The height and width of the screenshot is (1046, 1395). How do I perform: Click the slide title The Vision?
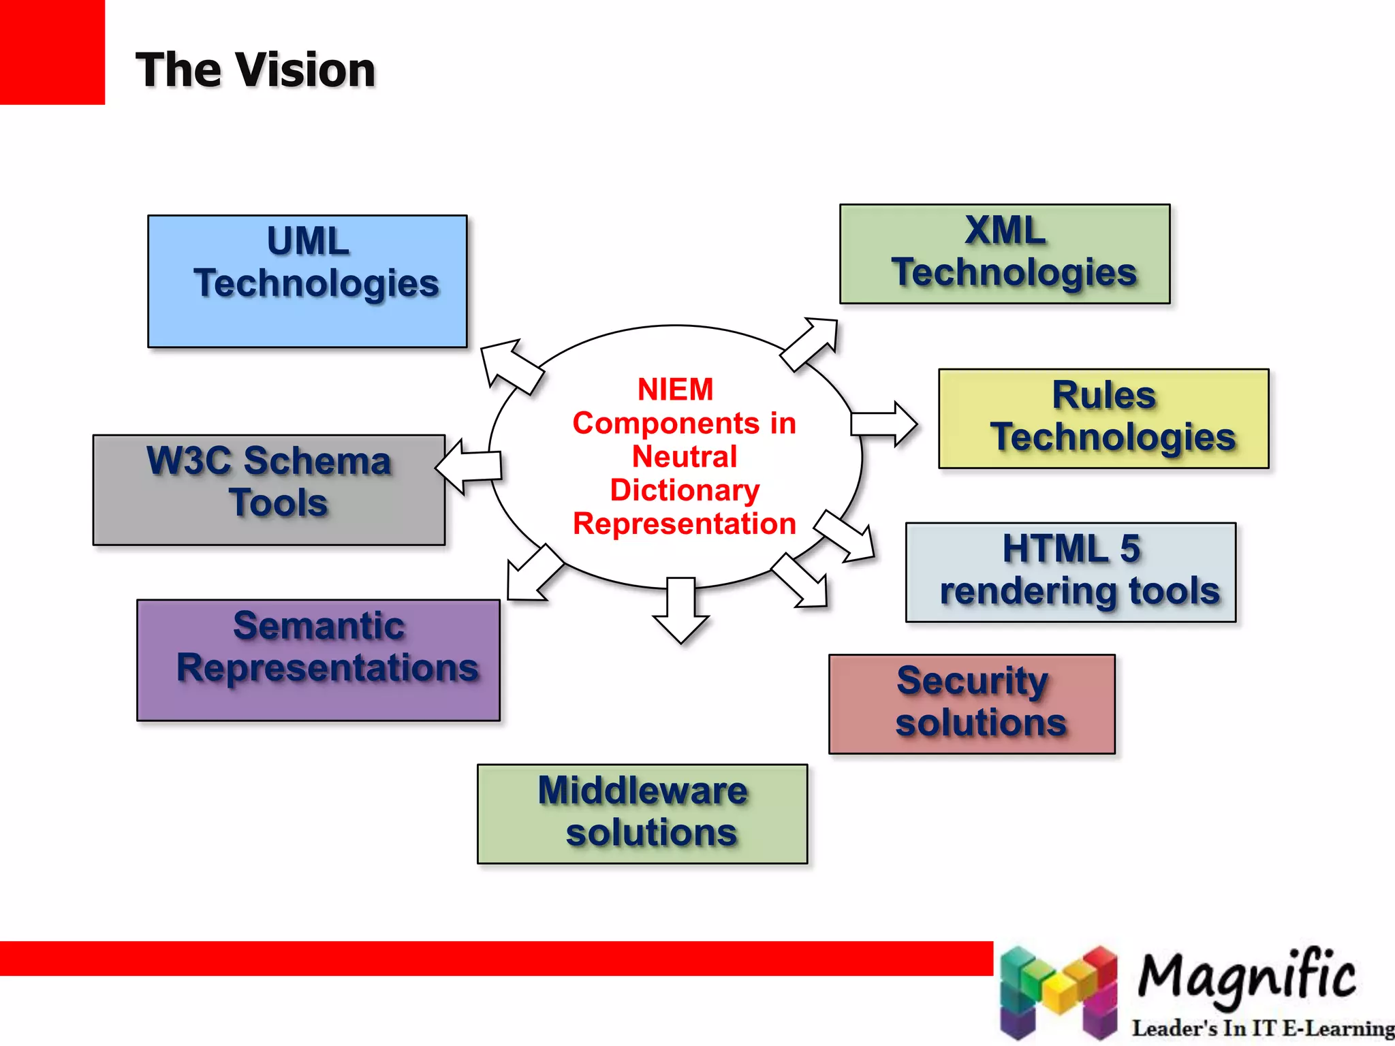255,70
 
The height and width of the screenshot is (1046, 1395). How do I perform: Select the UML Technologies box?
307,281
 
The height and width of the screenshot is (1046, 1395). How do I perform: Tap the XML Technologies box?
1005,254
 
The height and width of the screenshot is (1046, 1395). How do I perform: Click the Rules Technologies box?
1103,418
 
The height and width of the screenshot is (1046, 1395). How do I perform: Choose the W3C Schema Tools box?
269,490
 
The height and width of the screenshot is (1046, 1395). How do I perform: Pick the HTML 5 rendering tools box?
1070,572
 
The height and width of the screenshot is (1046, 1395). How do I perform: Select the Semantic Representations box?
318,660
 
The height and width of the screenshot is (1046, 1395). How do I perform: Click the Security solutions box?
971,704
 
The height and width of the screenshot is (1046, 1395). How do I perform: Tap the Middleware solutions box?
642,814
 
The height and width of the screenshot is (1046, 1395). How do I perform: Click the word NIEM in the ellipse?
675,390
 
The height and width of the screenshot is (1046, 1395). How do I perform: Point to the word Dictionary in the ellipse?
685,490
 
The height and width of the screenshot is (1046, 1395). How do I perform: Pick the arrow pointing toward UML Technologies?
510,366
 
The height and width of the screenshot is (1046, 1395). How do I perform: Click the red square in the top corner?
52,52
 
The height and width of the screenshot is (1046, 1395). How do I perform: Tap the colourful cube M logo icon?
1059,993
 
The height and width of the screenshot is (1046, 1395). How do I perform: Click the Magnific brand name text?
1247,976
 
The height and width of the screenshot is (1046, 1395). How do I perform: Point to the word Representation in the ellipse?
685,524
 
